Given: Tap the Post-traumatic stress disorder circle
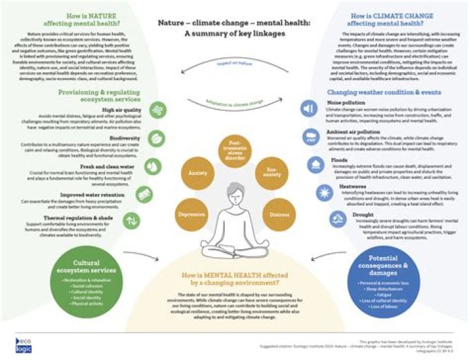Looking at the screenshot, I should (235, 152).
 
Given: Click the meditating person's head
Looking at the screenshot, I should (234, 196).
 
